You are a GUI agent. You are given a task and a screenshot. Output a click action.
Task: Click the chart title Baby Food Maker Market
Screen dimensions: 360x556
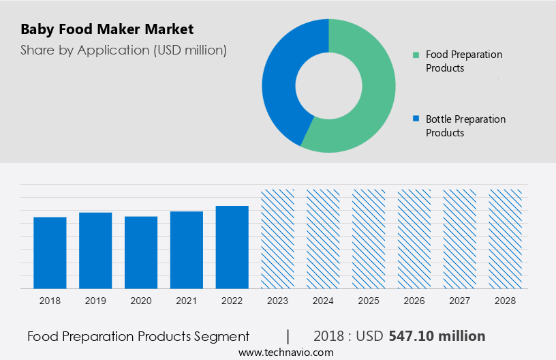point(107,29)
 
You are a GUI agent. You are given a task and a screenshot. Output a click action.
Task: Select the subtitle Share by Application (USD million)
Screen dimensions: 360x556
point(123,50)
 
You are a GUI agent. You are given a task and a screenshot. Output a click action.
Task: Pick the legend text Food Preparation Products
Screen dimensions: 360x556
point(463,61)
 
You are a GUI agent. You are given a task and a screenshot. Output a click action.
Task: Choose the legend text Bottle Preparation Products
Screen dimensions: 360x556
point(465,125)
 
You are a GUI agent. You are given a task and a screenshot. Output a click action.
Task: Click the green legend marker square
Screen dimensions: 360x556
point(416,55)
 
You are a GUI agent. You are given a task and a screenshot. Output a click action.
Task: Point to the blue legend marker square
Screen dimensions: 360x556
point(416,119)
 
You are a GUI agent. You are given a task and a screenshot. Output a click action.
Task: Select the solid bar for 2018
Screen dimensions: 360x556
point(50,252)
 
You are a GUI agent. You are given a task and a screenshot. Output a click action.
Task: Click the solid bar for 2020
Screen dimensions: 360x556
point(141,252)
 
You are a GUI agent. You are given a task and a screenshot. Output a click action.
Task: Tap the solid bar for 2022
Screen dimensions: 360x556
point(232,247)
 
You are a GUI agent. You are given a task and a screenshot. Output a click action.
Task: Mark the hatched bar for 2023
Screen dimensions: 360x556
point(278,239)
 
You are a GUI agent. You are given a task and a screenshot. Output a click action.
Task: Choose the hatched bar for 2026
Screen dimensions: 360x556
point(414,239)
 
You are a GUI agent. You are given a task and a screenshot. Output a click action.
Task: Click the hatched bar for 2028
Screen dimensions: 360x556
point(506,239)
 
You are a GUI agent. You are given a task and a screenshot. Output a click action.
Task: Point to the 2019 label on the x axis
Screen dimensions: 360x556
point(95,300)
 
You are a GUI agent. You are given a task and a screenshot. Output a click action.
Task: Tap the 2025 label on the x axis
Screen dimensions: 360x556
point(369,300)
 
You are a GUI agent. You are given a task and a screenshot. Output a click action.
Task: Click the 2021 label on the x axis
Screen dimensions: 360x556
point(187,300)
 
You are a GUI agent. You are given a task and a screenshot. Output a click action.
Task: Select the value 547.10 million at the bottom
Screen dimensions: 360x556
point(437,336)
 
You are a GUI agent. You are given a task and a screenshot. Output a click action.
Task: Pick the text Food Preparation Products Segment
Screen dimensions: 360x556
point(138,336)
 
